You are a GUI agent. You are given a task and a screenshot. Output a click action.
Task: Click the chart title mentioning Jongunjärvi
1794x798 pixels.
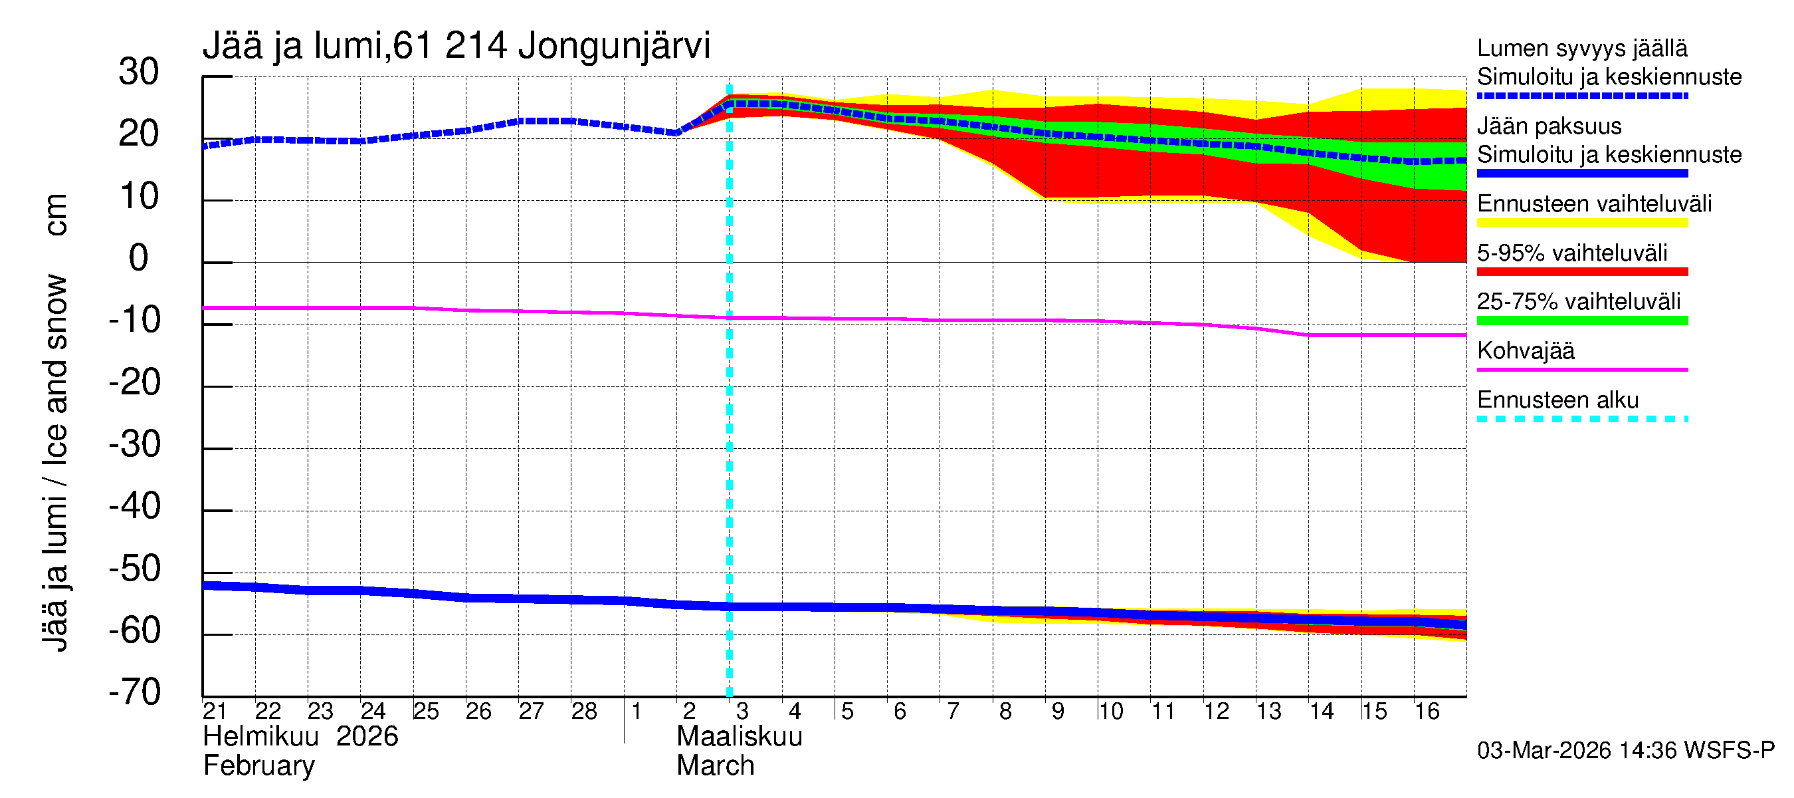(x=456, y=46)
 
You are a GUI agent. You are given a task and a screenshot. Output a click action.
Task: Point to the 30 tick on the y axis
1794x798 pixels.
(x=139, y=72)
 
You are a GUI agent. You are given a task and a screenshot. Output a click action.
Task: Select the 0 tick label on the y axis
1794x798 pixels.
(x=139, y=258)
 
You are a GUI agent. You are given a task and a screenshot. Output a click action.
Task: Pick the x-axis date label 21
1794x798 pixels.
(x=215, y=712)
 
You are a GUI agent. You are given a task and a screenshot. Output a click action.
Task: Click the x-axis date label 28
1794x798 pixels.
(x=583, y=712)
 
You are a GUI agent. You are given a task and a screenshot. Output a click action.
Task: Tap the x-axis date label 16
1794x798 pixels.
(x=1427, y=712)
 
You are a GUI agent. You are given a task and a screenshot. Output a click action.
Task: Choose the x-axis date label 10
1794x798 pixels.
(x=1110, y=712)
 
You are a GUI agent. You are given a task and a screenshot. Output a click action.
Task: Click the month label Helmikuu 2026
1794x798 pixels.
(x=300, y=737)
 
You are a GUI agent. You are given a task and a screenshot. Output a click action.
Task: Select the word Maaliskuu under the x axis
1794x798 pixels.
(x=739, y=737)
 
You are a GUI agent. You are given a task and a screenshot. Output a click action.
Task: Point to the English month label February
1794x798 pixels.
(x=258, y=766)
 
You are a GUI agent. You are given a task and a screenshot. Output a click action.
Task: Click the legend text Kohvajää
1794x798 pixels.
(x=1525, y=350)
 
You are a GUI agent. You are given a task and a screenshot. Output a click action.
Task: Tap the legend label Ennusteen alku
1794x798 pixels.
(x=1557, y=400)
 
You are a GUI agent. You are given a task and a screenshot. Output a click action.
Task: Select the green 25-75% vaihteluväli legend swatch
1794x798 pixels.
(x=1581, y=321)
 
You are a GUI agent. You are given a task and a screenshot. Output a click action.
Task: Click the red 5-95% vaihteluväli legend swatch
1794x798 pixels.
(x=1581, y=272)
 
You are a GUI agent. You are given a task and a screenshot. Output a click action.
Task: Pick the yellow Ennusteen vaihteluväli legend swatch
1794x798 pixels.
(x=1581, y=223)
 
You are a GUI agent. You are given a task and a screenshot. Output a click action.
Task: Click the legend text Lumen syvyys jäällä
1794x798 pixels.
(x=1581, y=48)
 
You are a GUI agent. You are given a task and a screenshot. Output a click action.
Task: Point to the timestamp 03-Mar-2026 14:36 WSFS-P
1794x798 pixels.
(x=1625, y=751)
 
